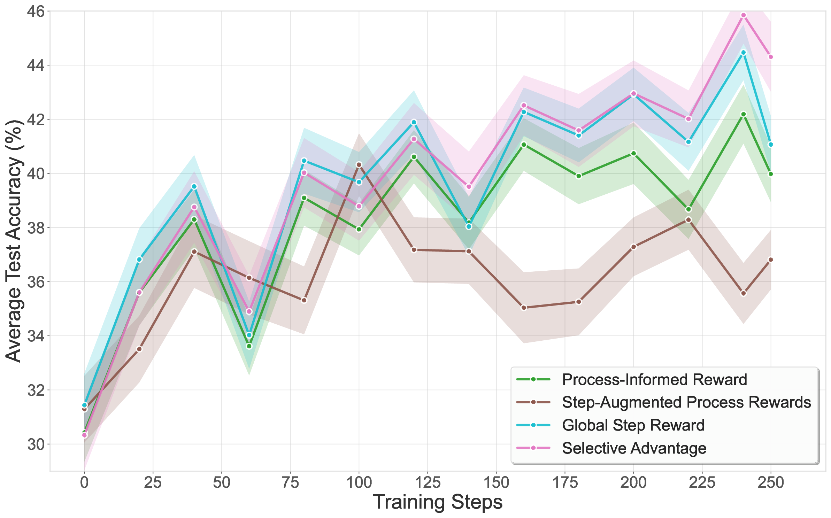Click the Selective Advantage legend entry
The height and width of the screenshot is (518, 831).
(634, 448)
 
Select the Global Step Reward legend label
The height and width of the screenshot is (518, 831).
(633, 425)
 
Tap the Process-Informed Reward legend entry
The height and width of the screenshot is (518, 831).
(654, 379)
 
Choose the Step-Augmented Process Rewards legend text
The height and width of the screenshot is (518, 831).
(686, 402)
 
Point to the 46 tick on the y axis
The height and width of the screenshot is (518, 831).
(36, 11)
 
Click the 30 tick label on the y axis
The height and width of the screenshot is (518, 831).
(36, 444)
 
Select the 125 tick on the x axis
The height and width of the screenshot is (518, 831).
(428, 483)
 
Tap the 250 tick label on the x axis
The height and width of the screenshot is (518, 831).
(771, 483)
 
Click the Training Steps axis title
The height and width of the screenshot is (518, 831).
(438, 502)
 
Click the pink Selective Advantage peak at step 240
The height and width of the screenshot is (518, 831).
(743, 15)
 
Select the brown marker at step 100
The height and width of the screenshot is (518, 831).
(359, 164)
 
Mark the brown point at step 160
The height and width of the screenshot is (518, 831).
(524, 308)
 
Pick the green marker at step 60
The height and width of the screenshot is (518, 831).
(249, 346)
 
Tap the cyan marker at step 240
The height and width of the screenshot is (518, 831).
(743, 53)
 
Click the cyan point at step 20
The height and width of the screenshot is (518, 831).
(139, 260)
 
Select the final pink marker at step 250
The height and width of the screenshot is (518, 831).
(771, 57)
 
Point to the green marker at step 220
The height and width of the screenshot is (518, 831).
(688, 209)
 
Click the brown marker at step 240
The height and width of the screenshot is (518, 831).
(743, 293)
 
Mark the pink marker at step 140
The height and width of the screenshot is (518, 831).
(469, 187)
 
